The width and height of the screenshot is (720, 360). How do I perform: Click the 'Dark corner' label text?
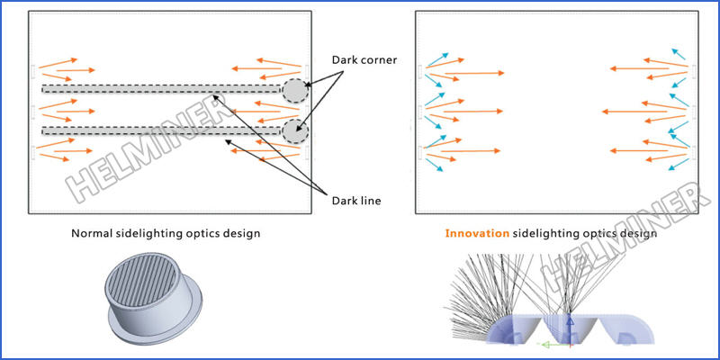(364, 60)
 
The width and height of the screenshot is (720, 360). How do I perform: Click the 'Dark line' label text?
(358, 201)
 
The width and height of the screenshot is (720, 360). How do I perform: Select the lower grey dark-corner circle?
(294, 131)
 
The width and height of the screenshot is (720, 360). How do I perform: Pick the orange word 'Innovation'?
(476, 234)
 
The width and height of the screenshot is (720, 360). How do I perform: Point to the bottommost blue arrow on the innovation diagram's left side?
(434, 165)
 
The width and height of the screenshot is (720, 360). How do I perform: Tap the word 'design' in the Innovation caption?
(636, 234)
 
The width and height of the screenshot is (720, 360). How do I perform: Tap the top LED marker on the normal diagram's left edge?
(33, 70)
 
